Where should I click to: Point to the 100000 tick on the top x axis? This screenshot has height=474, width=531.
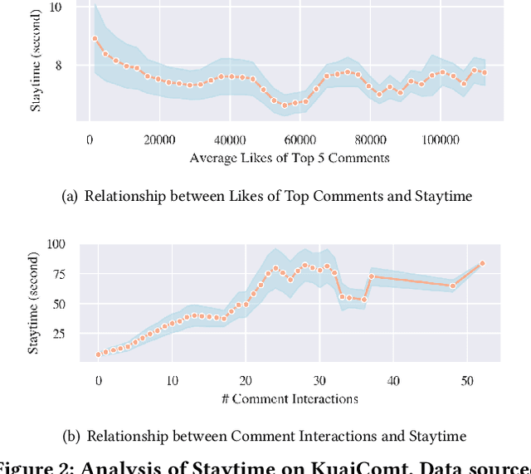pos(441,139)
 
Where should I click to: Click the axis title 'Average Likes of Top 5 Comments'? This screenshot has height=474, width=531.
pos(290,158)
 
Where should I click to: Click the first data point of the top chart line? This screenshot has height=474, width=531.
pos(95,38)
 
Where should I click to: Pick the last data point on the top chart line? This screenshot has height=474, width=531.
pos(484,73)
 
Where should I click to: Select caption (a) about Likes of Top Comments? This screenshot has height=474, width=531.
pos(278,197)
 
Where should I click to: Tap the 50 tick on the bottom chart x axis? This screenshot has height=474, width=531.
pos(466,380)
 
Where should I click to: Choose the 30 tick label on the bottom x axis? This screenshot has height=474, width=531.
pos(319,380)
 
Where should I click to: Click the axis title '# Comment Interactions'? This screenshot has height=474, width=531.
pos(290,398)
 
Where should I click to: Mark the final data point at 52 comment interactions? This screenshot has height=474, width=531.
pos(482,263)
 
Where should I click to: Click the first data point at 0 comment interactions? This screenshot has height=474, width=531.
pos(99,354)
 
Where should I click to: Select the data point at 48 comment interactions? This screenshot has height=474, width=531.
pos(453,286)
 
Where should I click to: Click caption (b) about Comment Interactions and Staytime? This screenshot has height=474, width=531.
pos(277,436)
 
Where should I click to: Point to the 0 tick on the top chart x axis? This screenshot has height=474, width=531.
pos(90,139)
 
